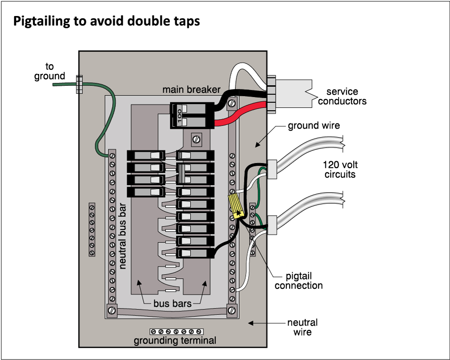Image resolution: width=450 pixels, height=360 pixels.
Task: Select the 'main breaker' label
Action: click(x=184, y=90)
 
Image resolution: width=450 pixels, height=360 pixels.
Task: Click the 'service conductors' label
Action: click(x=342, y=96)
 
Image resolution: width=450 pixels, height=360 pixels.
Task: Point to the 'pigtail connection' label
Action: click(x=299, y=281)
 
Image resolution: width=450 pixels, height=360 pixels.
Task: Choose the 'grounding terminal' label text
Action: click(x=175, y=341)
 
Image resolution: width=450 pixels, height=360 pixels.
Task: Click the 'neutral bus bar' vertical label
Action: click(x=123, y=236)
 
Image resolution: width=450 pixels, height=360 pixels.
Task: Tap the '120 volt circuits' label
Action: click(x=339, y=170)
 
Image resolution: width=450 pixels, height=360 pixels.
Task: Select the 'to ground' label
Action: click(x=50, y=71)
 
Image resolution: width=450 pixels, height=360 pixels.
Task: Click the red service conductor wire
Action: click(x=241, y=117)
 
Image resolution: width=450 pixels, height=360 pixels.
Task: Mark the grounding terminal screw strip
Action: click(x=176, y=332)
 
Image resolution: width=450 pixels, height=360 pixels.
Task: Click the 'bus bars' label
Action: click(x=173, y=303)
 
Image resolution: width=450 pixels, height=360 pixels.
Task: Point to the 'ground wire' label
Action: click(x=314, y=126)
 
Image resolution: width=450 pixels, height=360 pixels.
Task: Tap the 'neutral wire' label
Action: click(x=302, y=327)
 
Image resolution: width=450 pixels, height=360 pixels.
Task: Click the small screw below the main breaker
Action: click(x=195, y=139)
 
